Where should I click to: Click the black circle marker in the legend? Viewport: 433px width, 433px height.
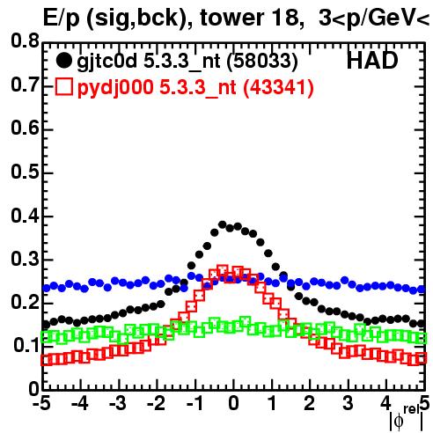pos(63,61)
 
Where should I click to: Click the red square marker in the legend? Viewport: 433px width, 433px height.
pos(63,87)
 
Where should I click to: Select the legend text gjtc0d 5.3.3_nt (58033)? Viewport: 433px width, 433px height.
pos(187,62)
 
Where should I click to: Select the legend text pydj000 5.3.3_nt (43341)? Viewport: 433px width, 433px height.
pos(195,88)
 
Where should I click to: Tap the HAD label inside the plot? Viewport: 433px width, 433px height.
pos(372,61)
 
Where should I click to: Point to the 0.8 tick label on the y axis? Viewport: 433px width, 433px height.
pos(25,41)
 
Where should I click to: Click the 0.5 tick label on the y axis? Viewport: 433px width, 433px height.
pos(25,172)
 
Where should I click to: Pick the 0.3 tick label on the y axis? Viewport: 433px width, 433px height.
pos(25,259)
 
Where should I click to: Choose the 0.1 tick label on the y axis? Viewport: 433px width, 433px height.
pos(26,346)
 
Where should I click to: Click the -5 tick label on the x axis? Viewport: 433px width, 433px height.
pos(41,404)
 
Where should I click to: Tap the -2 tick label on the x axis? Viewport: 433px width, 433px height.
pos(156,404)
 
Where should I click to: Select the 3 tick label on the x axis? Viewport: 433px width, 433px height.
pos(348,404)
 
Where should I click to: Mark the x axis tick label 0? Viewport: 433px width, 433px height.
pos(233,404)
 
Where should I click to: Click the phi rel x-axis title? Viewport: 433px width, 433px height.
pos(407,419)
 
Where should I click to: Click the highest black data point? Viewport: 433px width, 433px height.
pos(222,224)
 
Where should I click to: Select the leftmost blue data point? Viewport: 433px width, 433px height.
pos(47,288)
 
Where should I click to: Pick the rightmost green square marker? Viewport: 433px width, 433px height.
pos(422,338)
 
